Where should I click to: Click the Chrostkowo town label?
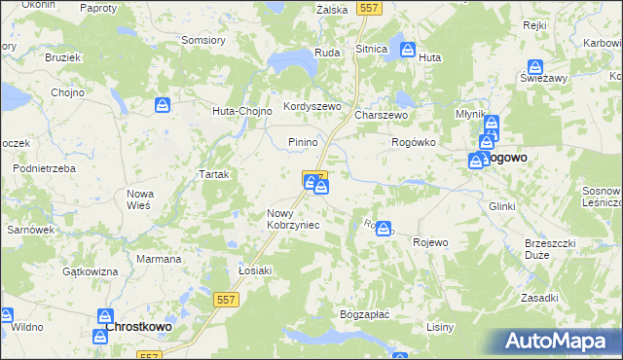tap(138, 327)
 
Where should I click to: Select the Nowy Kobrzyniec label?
tap(293, 219)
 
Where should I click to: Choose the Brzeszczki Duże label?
tap(550, 249)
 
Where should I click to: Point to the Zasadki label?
tap(538, 298)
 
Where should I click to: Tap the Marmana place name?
tap(159, 259)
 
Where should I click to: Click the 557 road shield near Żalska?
tap(368, 8)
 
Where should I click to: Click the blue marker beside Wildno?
tap(5, 315)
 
